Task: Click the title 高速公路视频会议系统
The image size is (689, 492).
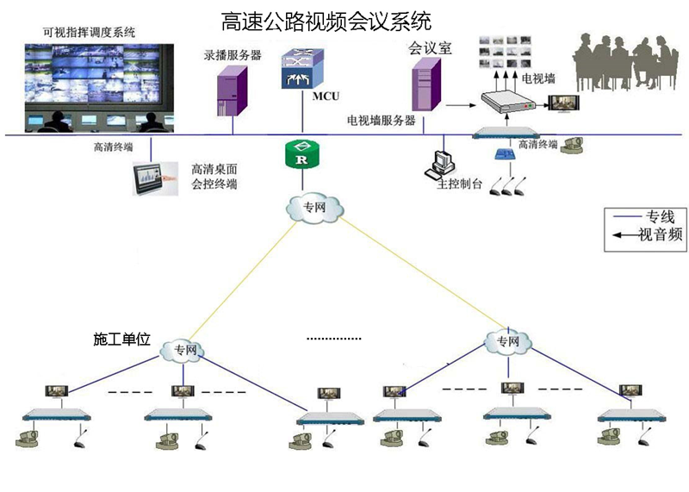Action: click(x=326, y=19)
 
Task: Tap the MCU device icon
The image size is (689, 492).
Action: click(x=301, y=69)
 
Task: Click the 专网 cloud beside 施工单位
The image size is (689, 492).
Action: click(x=185, y=350)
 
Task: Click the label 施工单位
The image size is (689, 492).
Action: click(x=121, y=339)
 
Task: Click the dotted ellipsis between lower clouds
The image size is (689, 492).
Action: click(x=334, y=339)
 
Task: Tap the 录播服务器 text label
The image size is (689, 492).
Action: click(x=233, y=54)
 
